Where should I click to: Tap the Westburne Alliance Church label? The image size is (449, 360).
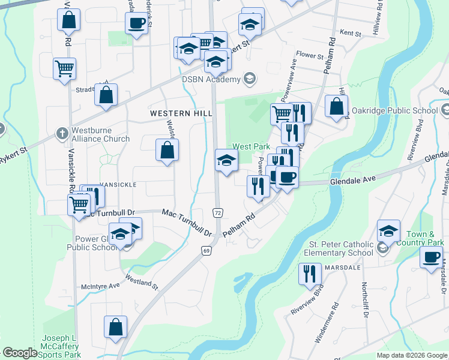[x=100, y=134]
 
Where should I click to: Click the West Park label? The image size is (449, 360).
[x=251, y=146]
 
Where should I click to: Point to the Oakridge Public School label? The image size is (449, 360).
[x=400, y=110]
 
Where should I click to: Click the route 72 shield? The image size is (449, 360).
[x=217, y=213]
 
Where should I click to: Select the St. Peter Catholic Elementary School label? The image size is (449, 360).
[x=341, y=248]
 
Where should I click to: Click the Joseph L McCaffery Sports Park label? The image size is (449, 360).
[x=62, y=347]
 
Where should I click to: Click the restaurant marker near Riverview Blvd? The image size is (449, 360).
[x=310, y=274]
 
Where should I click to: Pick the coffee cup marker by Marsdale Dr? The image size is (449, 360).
[x=431, y=257]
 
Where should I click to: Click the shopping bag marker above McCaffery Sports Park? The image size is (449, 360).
[x=115, y=328]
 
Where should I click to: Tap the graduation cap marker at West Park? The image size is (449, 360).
[x=226, y=160]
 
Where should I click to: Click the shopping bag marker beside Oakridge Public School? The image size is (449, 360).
[x=337, y=106]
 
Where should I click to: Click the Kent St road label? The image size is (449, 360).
[x=349, y=34]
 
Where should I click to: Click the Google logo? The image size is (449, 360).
[x=20, y=353]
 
